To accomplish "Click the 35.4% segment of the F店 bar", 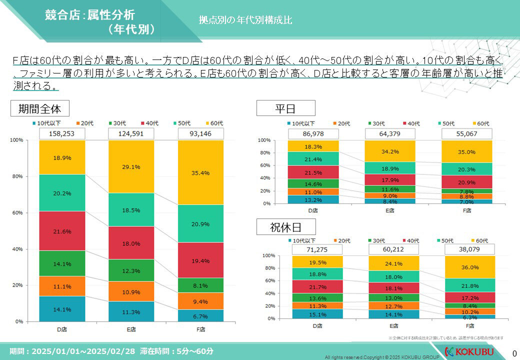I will (x=200, y=172).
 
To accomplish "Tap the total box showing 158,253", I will (x=62, y=133).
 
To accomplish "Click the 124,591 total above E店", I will (x=131, y=133).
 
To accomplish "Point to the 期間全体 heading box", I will (x=39, y=108).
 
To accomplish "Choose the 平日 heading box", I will (x=285, y=108).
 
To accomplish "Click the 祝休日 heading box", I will (x=285, y=227).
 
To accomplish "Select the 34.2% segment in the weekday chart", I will (x=390, y=151).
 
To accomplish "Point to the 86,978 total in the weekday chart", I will (x=313, y=133).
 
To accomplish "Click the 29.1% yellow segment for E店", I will (x=131, y=166).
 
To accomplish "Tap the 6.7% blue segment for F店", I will (x=200, y=316).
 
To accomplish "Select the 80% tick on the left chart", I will (x=17, y=176).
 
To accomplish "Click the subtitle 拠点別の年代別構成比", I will (x=245, y=20).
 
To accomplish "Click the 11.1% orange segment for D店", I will (x=62, y=286).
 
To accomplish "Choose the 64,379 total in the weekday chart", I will (x=390, y=133).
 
